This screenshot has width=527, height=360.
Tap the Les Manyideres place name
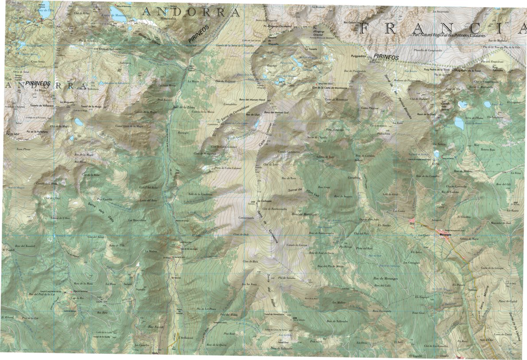(x=137, y=220)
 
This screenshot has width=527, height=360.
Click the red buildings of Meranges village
(x=443, y=232)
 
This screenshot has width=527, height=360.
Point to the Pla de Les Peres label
(x=206, y=308)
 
